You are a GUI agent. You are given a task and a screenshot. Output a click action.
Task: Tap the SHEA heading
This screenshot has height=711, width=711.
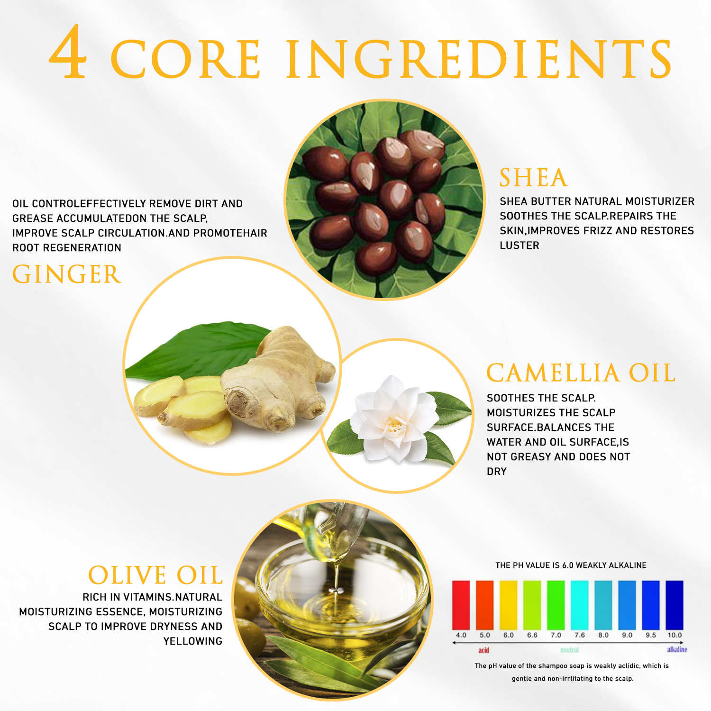[x=534, y=178]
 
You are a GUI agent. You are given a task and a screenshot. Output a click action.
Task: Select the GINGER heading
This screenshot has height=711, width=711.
[x=67, y=274]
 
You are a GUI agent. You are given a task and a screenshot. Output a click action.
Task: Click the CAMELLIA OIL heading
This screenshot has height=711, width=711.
[x=581, y=373]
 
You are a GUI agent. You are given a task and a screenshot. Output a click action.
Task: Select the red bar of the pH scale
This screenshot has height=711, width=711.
[x=461, y=605]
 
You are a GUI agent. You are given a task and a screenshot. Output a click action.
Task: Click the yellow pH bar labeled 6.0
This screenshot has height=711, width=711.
[x=508, y=605]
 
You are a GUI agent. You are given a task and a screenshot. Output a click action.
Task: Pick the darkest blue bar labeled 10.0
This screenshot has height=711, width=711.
[x=675, y=605]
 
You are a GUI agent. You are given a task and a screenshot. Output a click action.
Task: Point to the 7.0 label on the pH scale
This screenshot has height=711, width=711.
[x=556, y=635]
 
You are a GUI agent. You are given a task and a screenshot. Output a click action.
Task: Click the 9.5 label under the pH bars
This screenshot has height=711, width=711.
[x=651, y=635]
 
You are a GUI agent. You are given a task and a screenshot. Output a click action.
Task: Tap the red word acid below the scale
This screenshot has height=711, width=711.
[x=483, y=650]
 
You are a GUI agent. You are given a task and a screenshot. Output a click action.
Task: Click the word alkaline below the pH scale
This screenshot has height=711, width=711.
[x=677, y=649]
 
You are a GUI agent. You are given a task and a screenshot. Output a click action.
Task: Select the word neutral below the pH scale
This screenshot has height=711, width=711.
[x=569, y=650]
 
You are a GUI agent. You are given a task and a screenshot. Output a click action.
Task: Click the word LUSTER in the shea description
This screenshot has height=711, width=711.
[x=520, y=246]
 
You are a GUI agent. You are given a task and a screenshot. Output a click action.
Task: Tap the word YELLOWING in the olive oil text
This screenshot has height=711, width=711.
[x=193, y=641]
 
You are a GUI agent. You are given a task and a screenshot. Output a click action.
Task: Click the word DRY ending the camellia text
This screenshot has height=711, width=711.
[x=497, y=472]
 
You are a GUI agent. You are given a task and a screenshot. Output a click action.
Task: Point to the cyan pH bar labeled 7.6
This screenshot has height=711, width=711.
[x=579, y=605]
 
